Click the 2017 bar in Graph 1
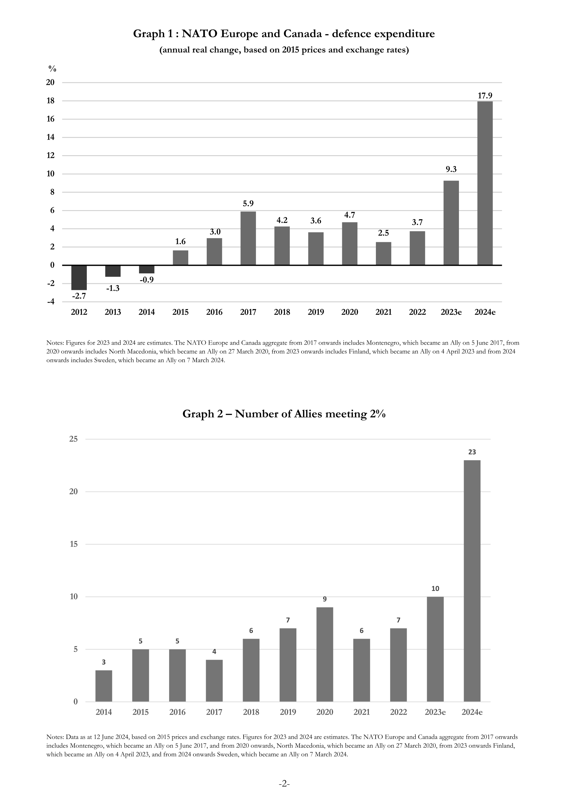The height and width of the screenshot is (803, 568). (x=248, y=238)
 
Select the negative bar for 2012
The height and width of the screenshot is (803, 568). (x=79, y=278)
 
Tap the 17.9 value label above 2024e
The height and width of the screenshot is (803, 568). (x=485, y=95)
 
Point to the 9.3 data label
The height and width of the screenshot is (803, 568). (x=451, y=169)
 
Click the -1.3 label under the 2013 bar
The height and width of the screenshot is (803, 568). (x=113, y=289)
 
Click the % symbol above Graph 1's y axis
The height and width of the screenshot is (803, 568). (x=52, y=69)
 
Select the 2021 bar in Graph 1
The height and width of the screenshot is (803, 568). (x=384, y=254)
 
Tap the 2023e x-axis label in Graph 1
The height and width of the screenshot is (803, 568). (x=451, y=312)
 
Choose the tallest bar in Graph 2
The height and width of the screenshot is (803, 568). (x=472, y=581)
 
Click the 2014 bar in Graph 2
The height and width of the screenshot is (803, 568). (x=104, y=686)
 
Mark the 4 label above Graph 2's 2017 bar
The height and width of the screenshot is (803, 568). (x=214, y=652)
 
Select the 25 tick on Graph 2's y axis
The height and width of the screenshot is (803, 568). (x=73, y=439)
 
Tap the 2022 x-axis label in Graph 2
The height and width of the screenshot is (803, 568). (x=398, y=712)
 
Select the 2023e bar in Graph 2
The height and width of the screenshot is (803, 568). (x=435, y=649)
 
